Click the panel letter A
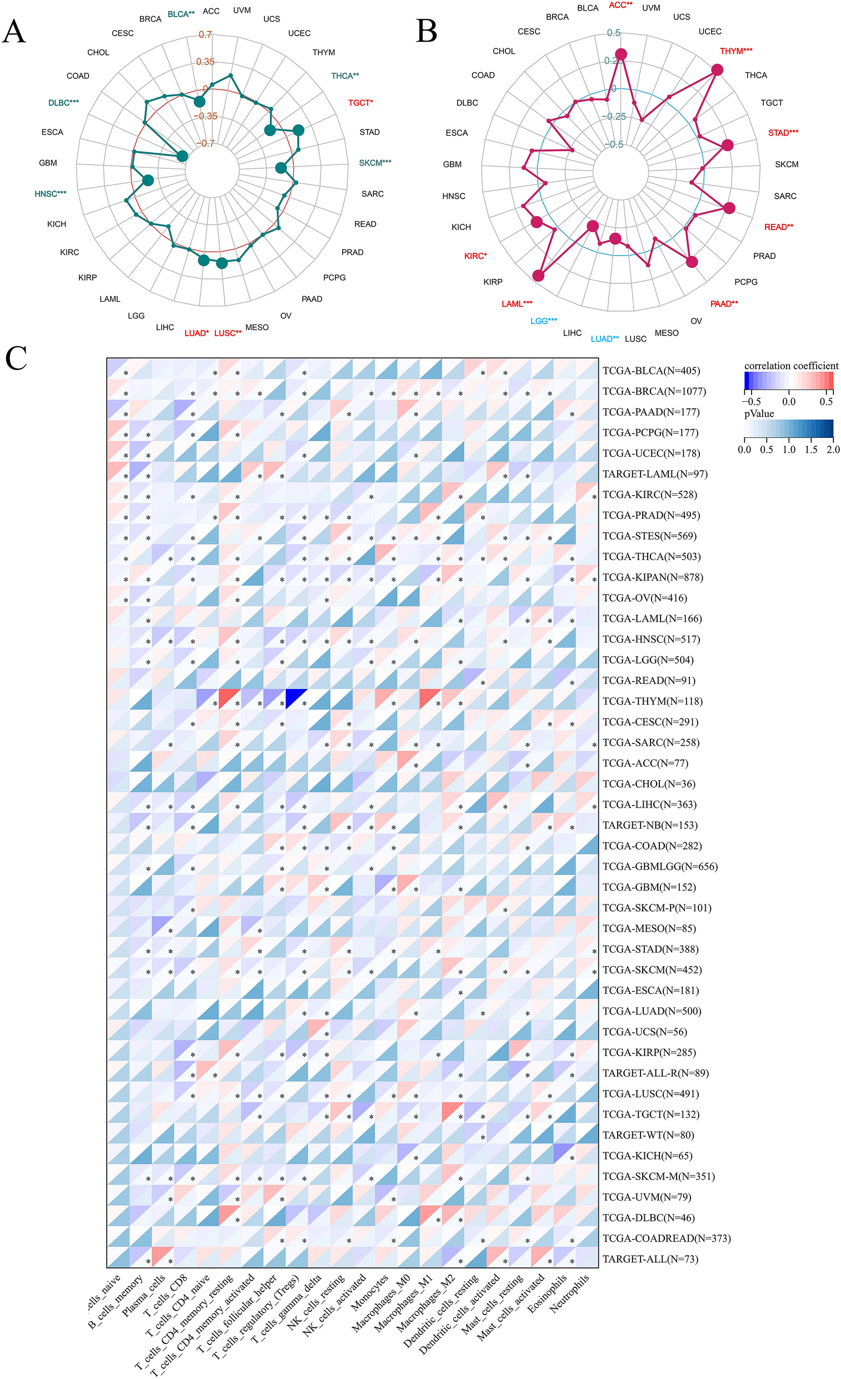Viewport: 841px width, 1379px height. pyautogui.click(x=14, y=32)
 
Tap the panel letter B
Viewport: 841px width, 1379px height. pyautogui.click(x=427, y=32)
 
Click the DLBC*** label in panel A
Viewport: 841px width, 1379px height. pyautogui.click(x=63, y=103)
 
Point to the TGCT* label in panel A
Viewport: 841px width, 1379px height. pyautogui.click(x=361, y=103)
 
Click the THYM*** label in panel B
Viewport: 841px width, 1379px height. pyautogui.click(x=736, y=51)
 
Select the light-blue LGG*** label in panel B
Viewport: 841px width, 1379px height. pyautogui.click(x=543, y=321)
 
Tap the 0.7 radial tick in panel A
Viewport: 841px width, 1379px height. pyautogui.click(x=206, y=34)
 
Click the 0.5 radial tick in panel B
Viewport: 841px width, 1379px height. pyautogui.click(x=614, y=33)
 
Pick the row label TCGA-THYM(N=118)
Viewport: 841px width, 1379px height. pyautogui.click(x=652, y=701)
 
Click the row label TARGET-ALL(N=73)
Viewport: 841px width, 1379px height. pyautogui.click(x=650, y=1259)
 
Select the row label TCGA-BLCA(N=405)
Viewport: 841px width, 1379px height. pyautogui.click(x=651, y=371)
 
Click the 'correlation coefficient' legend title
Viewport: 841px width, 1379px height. pyautogui.click(x=790, y=366)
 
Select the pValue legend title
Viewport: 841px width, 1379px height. pyautogui.click(x=759, y=413)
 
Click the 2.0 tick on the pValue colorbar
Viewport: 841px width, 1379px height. pyautogui.click(x=833, y=449)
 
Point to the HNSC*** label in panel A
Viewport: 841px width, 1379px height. pyautogui.click(x=51, y=194)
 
